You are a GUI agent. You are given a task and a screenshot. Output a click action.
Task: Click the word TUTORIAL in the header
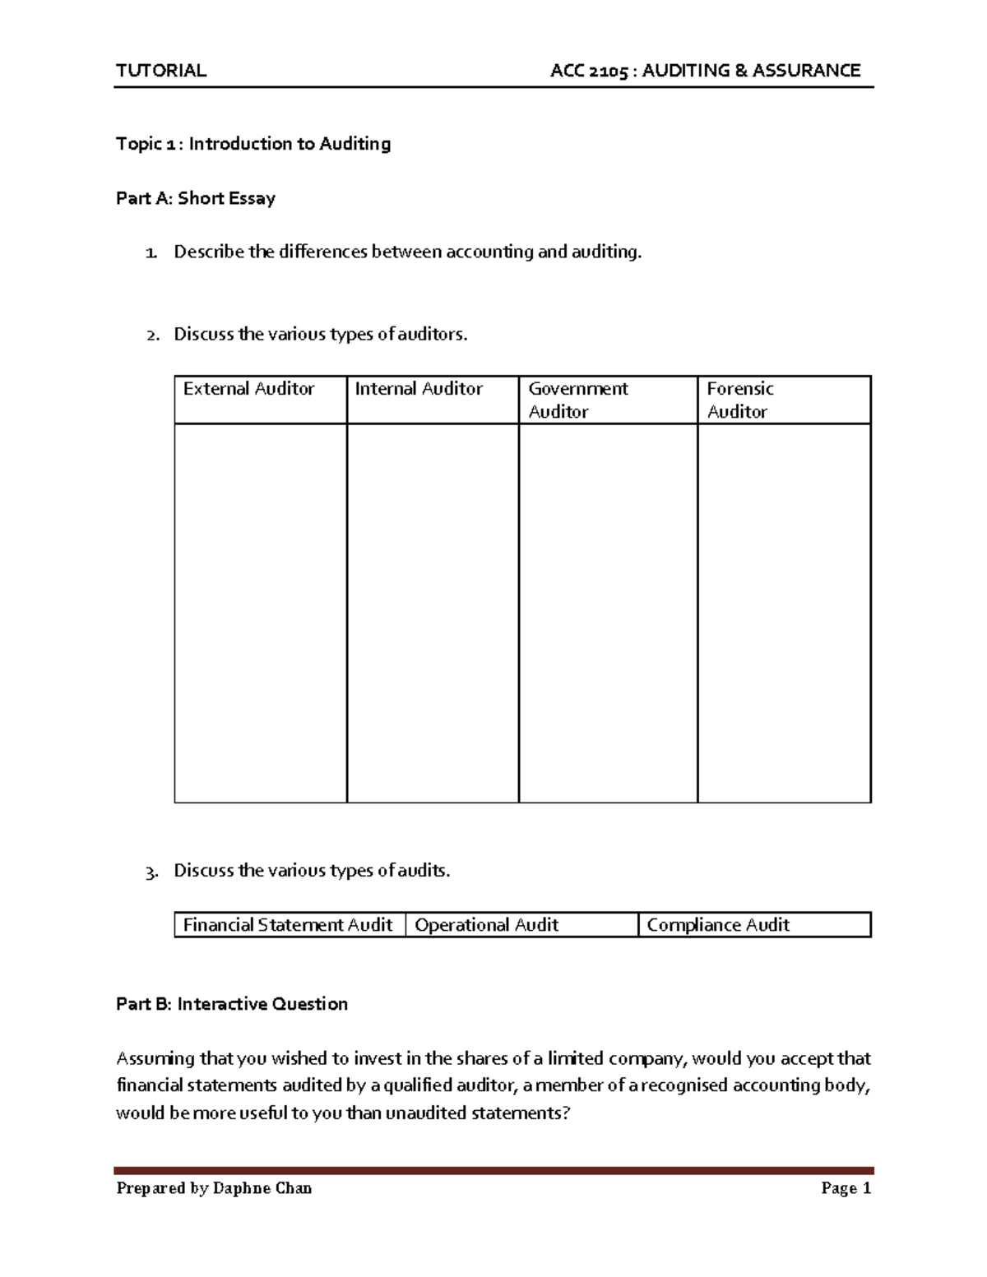(161, 71)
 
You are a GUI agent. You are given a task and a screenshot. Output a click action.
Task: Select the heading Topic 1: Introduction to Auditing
(253, 144)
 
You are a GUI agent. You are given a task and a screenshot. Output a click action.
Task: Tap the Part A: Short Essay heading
(196, 198)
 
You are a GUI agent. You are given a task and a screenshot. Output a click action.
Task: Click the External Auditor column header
(248, 389)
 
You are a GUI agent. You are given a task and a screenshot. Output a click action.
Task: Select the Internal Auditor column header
(419, 389)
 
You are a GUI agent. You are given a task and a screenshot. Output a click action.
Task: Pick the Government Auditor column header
(577, 400)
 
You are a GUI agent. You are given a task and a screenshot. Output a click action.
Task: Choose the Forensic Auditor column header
(740, 400)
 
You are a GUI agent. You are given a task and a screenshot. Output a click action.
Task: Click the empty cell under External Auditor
(260, 613)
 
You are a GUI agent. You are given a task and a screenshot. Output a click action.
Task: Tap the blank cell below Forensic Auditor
(784, 613)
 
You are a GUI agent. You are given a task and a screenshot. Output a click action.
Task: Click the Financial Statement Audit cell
(288, 925)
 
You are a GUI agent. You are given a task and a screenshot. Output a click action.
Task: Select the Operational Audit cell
(487, 925)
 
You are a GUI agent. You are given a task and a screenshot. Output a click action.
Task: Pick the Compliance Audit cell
(718, 925)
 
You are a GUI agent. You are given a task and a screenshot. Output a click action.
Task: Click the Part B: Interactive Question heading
(232, 1004)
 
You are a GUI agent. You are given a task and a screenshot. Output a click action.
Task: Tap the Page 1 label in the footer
(846, 1188)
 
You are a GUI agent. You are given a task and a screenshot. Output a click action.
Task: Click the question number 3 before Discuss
(151, 872)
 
